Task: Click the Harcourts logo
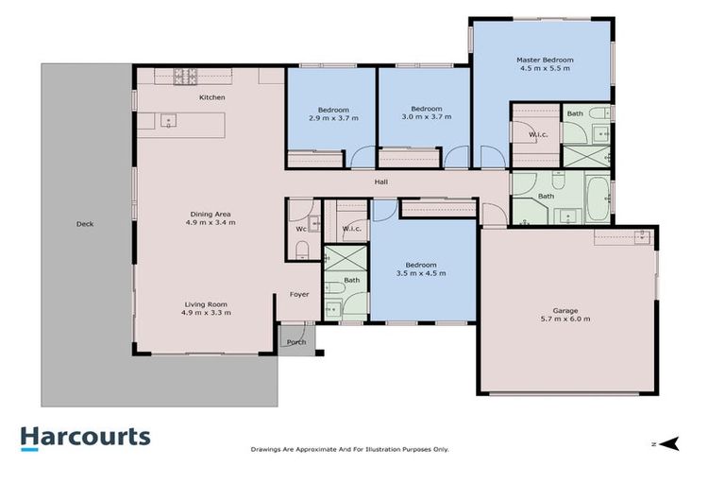point(86,437)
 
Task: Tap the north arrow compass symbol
point(669,442)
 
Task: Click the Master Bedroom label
point(544,60)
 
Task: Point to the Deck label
point(85,224)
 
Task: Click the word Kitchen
point(211,98)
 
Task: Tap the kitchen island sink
point(167,121)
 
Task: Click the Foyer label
point(299,295)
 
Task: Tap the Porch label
point(296,342)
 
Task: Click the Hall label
point(381,181)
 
